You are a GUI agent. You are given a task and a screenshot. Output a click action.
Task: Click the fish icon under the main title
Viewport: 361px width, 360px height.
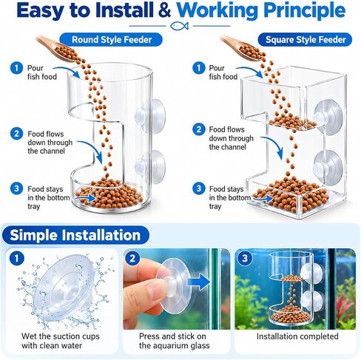pos(180,26)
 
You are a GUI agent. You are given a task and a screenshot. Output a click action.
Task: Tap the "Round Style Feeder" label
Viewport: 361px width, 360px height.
pos(112,40)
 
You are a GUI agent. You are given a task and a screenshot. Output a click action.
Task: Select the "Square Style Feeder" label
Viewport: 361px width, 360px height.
pos(306,40)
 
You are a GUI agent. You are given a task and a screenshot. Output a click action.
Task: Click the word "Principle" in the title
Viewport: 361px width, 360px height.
pos(304,10)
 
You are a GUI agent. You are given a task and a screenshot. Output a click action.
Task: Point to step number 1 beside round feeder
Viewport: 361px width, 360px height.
pos(16,68)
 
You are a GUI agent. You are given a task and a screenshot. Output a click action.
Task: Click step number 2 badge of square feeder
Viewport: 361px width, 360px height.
pos(198,129)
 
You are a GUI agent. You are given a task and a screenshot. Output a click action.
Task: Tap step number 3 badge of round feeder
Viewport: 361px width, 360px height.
pos(16,189)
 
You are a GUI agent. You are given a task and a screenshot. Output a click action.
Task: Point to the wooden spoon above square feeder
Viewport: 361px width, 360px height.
pos(243,48)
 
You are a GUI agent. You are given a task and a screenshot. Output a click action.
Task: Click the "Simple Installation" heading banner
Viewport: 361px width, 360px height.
pos(75,235)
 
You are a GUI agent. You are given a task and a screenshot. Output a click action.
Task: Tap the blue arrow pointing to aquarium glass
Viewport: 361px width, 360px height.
pos(198,282)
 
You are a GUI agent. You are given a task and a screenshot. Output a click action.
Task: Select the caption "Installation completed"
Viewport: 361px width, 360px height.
pos(297,336)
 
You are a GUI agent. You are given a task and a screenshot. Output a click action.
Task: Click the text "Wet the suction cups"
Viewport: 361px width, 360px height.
pos(61,336)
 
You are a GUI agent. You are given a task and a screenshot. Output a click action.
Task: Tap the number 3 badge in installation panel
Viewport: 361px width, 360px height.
pos(244,258)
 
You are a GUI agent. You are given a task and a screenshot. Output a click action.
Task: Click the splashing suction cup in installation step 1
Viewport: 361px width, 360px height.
pos(64,289)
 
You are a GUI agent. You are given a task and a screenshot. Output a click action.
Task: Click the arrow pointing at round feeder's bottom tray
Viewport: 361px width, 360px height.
pos(85,198)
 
